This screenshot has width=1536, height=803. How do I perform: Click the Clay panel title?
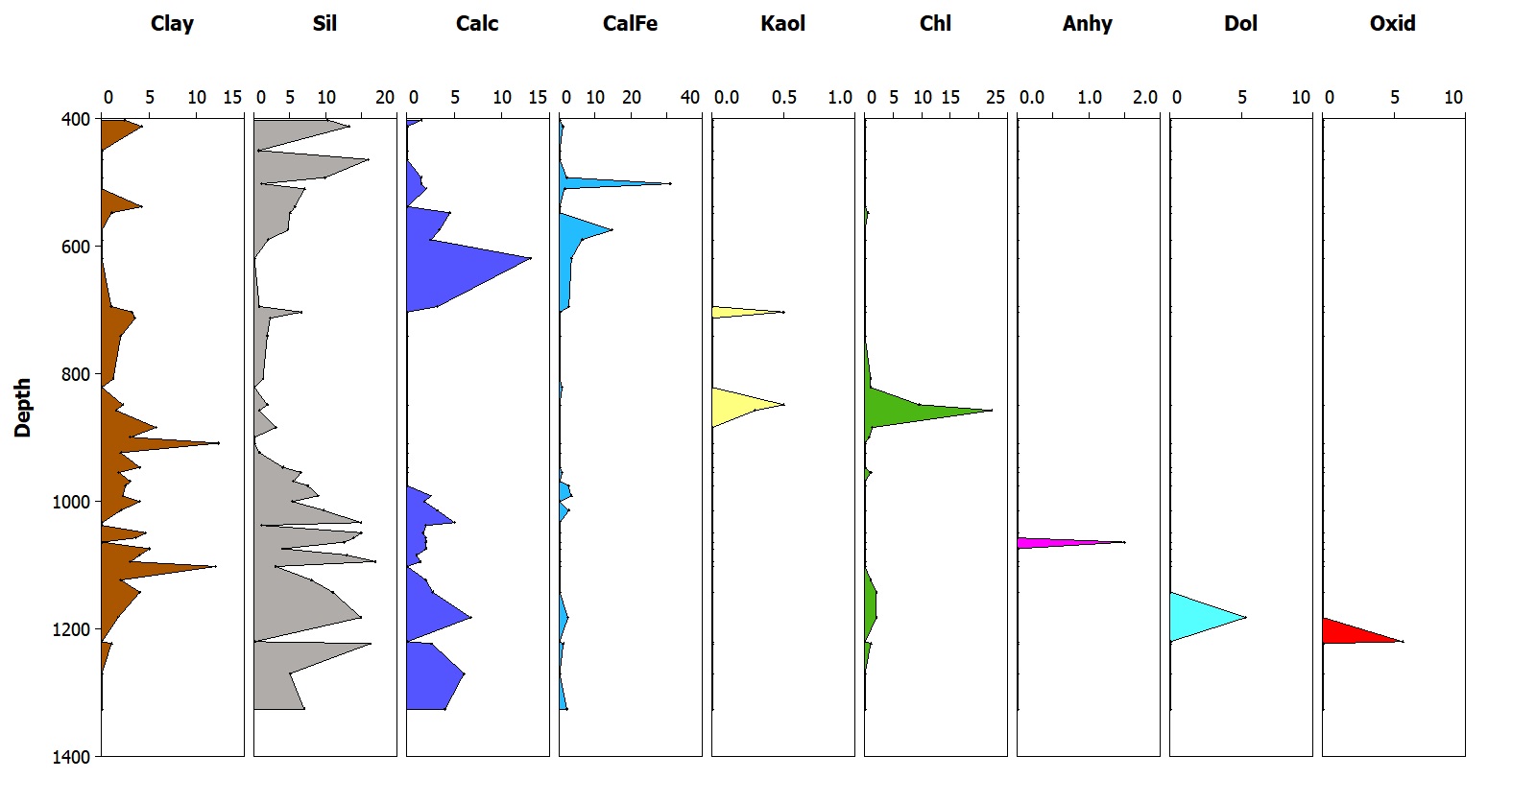click(172, 23)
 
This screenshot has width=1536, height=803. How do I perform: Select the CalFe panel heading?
click(630, 23)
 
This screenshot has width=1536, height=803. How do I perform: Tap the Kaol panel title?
click(782, 23)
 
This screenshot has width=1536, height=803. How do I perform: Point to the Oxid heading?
click(1392, 23)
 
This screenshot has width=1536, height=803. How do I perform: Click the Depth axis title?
click(23, 408)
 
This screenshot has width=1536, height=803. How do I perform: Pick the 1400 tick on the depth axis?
click(72, 757)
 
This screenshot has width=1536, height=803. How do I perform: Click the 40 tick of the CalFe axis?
click(690, 97)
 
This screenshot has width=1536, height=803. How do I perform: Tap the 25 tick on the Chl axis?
click(996, 97)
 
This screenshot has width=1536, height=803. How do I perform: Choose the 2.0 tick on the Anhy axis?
click(1145, 97)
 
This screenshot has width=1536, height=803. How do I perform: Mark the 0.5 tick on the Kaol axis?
click(784, 97)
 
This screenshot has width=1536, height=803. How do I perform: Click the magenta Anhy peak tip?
click(1124, 542)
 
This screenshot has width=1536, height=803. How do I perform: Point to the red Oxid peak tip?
click(1403, 641)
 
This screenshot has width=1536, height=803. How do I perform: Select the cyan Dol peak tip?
click(1246, 617)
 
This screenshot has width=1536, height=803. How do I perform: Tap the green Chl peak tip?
click(992, 411)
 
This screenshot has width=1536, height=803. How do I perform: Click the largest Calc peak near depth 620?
click(531, 258)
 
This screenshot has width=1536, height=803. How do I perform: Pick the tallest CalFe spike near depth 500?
click(670, 183)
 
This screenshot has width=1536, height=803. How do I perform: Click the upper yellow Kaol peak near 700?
click(783, 312)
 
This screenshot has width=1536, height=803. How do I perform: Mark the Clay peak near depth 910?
click(219, 442)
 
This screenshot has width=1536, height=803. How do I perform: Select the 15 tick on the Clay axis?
click(233, 97)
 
